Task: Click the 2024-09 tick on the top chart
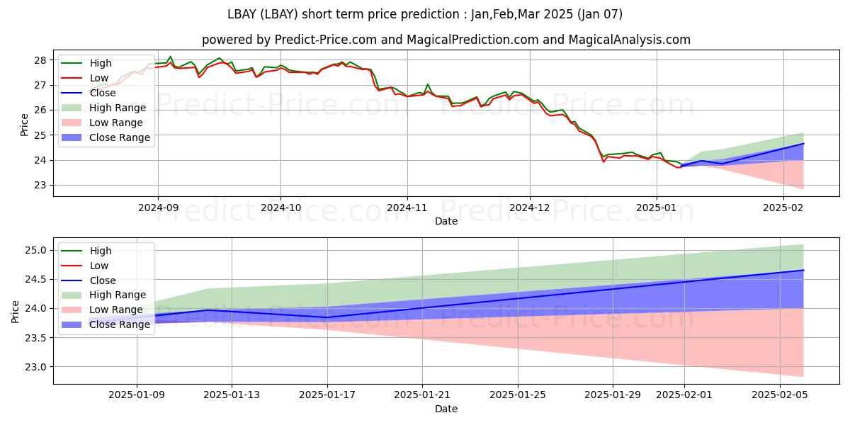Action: pyautogui.click(x=157, y=208)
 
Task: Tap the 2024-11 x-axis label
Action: pyautogui.click(x=407, y=208)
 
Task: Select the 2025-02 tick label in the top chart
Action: pyautogui.click(x=783, y=208)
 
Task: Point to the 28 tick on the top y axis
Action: pyautogui.click(x=40, y=60)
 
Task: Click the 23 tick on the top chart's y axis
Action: pyautogui.click(x=40, y=186)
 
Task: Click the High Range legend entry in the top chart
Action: pyautogui.click(x=118, y=108)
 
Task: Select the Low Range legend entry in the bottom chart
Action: pyautogui.click(x=116, y=310)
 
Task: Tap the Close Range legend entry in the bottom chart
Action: pyautogui.click(x=120, y=324)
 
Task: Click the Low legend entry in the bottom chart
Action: pyautogui.click(x=99, y=266)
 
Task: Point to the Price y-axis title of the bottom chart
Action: pyautogui.click(x=15, y=311)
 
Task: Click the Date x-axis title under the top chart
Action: pyautogui.click(x=446, y=221)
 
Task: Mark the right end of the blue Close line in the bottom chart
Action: pyautogui.click(x=803, y=270)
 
